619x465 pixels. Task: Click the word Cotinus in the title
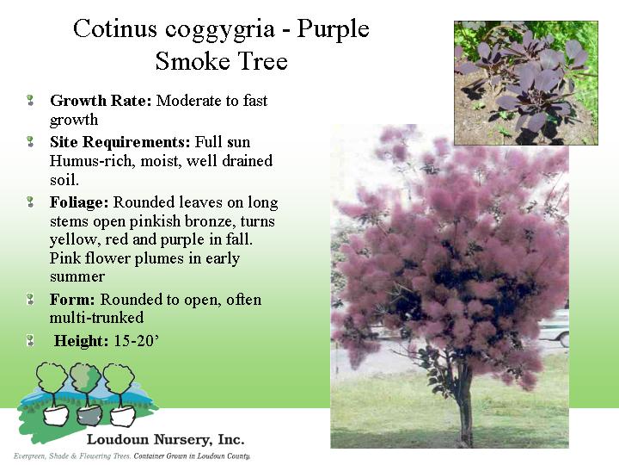115,28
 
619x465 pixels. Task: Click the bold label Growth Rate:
101,101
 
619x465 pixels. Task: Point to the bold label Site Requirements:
120,142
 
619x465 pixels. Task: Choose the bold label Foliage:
79,202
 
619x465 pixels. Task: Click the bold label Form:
72,300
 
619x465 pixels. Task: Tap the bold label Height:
81,341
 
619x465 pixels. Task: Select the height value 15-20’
137,340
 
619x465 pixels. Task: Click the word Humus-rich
92,161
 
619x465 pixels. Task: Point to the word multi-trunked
96,318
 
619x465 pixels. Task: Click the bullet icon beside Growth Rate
30,100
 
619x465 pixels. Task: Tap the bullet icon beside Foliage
30,202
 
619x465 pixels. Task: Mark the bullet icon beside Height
30,340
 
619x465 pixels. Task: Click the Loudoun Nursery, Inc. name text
165,439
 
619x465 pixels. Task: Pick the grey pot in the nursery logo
89,415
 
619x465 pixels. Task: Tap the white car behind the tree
554,329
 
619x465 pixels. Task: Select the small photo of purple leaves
526,83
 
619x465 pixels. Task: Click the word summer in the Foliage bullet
77,276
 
